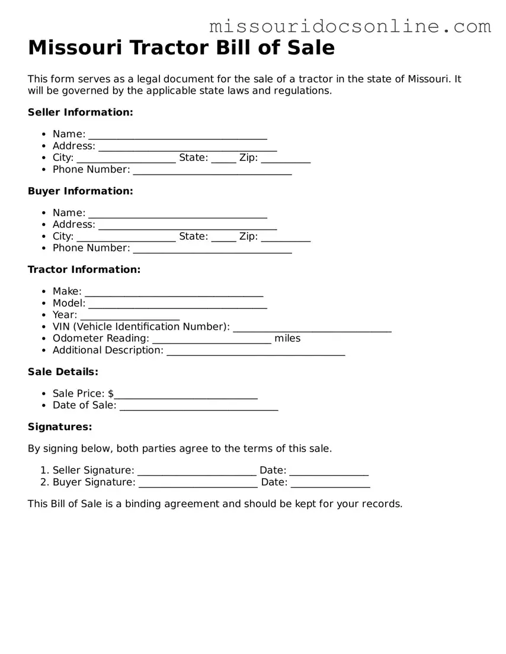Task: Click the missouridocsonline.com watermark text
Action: click(x=350, y=26)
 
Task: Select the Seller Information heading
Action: click(x=81, y=112)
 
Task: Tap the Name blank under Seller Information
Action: click(x=177, y=135)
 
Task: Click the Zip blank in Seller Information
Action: click(x=286, y=159)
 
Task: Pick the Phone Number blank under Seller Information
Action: click(x=212, y=170)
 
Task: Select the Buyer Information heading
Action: click(x=81, y=191)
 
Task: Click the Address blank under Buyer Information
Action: click(x=187, y=225)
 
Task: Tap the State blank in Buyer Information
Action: click(x=223, y=237)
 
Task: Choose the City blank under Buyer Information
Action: click(x=126, y=237)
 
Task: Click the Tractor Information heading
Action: click(x=84, y=270)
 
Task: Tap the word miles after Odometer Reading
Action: click(x=287, y=339)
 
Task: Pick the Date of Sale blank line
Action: click(x=198, y=407)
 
